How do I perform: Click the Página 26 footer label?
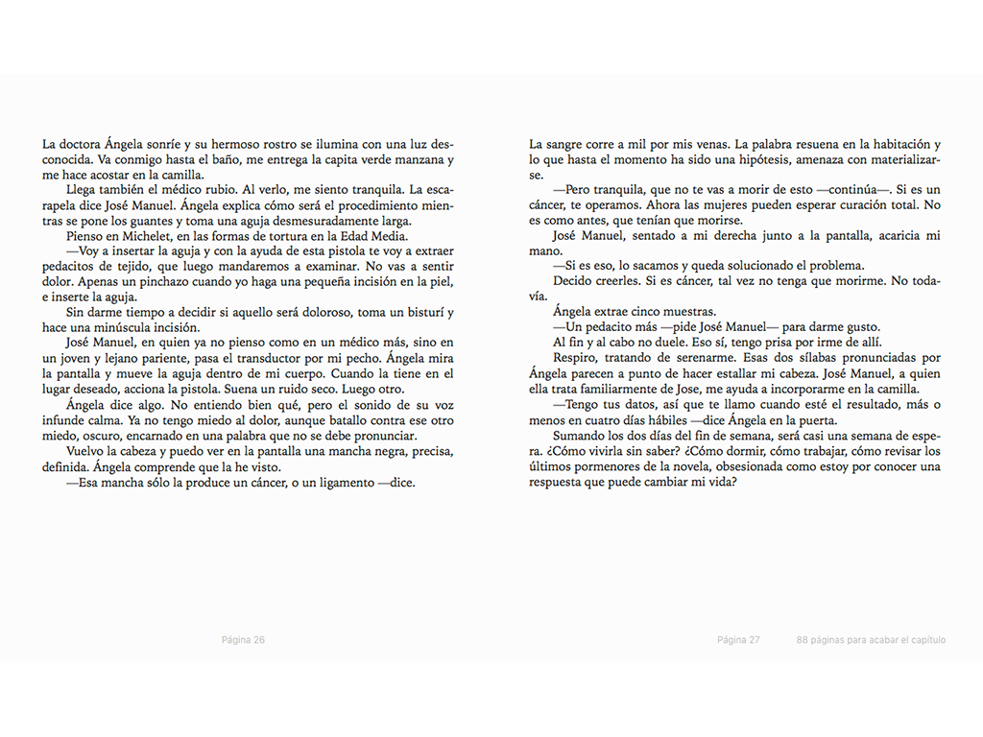[243, 640]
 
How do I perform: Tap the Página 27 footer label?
[738, 640]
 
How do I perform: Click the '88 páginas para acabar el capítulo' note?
[871, 640]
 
